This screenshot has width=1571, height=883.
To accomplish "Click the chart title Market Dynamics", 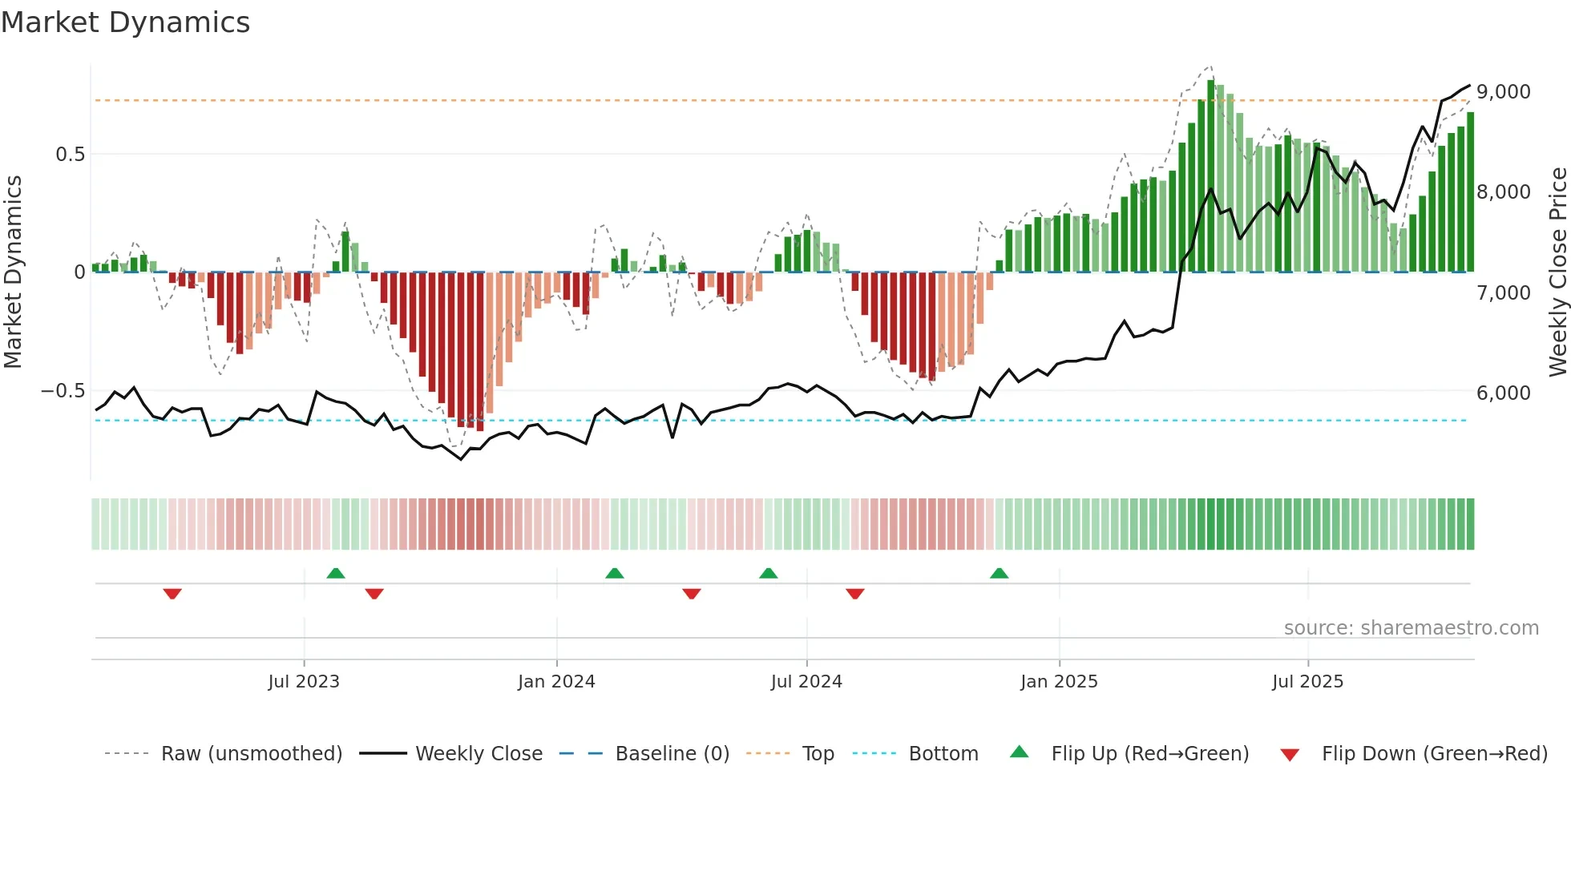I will pyautogui.click(x=125, y=22).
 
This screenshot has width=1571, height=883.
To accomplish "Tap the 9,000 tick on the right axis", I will pyautogui.click(x=1503, y=92).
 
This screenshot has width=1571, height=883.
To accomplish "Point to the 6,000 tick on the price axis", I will pyautogui.click(x=1503, y=393).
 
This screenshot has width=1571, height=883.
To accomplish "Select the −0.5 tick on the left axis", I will pyautogui.click(x=63, y=391).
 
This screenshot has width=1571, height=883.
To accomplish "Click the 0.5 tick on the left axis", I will pyautogui.click(x=70, y=155).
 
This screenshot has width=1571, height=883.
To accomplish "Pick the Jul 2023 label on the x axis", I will pyautogui.click(x=304, y=682).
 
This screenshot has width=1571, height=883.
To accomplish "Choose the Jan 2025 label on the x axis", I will pyautogui.click(x=1059, y=682).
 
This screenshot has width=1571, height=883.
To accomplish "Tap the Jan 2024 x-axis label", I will pyautogui.click(x=556, y=682).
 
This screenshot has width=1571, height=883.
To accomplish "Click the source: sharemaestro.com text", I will pyautogui.click(x=1411, y=628).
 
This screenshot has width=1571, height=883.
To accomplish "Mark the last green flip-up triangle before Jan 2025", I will pyautogui.click(x=999, y=574).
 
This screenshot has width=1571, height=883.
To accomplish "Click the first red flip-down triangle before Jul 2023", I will pyautogui.click(x=172, y=594).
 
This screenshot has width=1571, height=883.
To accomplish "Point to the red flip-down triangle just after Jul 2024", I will pyautogui.click(x=855, y=594).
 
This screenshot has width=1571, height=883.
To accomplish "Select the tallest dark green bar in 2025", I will pyautogui.click(x=1211, y=176).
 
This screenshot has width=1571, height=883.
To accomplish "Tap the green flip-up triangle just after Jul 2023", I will pyautogui.click(x=336, y=574).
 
